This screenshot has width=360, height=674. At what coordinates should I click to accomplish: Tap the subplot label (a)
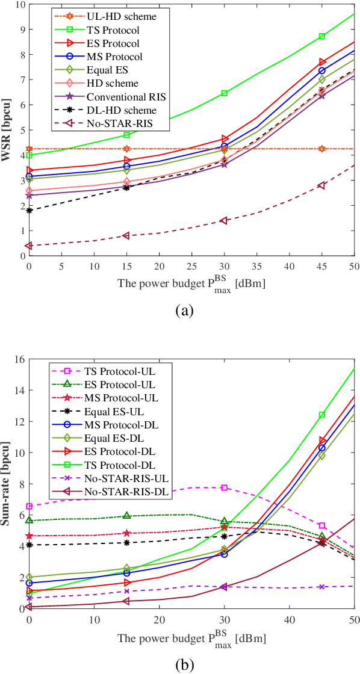pos(184,310)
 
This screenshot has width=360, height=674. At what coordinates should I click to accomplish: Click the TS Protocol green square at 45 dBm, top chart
pos(322,37)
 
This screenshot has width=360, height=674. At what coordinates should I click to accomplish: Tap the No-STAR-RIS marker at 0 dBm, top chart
pos(29,246)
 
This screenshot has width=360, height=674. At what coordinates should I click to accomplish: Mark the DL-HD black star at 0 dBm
pos(29,211)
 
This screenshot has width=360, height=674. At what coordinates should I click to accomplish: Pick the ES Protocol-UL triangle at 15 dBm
pos(126,516)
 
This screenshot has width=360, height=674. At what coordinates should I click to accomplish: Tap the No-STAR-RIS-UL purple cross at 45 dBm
pos(322,587)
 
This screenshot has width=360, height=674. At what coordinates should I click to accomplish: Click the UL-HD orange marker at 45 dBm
pos(322,149)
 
